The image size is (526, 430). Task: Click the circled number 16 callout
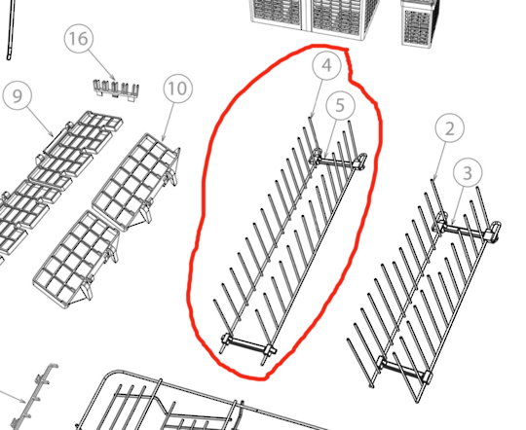(x=79, y=38)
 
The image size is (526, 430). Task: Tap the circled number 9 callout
(x=18, y=95)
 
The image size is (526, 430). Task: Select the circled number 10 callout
(x=178, y=89)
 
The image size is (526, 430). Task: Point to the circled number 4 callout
(x=326, y=65)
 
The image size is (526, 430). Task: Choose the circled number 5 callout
(x=340, y=105)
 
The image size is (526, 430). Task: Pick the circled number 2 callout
(x=450, y=128)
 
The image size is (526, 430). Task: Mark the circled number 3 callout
(x=468, y=173)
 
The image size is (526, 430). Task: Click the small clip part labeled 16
(x=116, y=90)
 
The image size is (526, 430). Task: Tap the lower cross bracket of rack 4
(x=248, y=345)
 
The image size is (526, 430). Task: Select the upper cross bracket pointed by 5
(x=339, y=160)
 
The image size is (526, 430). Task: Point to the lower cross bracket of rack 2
(x=404, y=370)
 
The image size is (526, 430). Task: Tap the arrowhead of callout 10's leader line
(x=164, y=139)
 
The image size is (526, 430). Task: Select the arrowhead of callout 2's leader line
(x=435, y=177)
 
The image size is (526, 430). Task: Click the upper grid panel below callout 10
(x=135, y=181)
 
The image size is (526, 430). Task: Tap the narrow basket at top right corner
(x=421, y=23)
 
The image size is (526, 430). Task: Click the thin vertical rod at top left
(x=11, y=30)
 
